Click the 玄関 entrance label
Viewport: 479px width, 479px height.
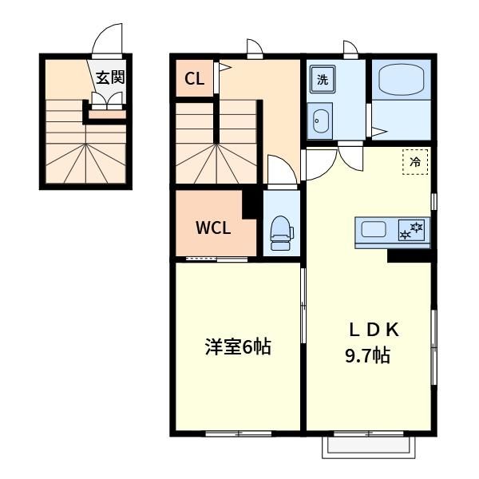click(111, 77)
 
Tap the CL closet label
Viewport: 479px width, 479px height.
click(194, 79)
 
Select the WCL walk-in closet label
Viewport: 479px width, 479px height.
click(213, 228)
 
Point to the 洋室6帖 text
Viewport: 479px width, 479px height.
click(238, 346)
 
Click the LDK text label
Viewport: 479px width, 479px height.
click(374, 330)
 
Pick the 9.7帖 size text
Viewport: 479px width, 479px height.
click(367, 355)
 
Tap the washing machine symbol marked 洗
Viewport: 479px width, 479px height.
click(323, 79)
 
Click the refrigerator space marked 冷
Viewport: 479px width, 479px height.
click(415, 162)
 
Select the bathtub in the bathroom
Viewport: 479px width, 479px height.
click(402, 79)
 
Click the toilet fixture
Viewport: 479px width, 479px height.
click(281, 233)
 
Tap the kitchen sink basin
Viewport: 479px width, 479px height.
click(374, 229)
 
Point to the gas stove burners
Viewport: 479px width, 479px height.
click(411, 231)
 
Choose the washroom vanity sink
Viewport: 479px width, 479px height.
click(320, 121)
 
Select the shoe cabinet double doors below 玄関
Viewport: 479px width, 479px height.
click(107, 98)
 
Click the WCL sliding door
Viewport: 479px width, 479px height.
click(216, 259)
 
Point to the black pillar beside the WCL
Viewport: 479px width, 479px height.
click(252, 204)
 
